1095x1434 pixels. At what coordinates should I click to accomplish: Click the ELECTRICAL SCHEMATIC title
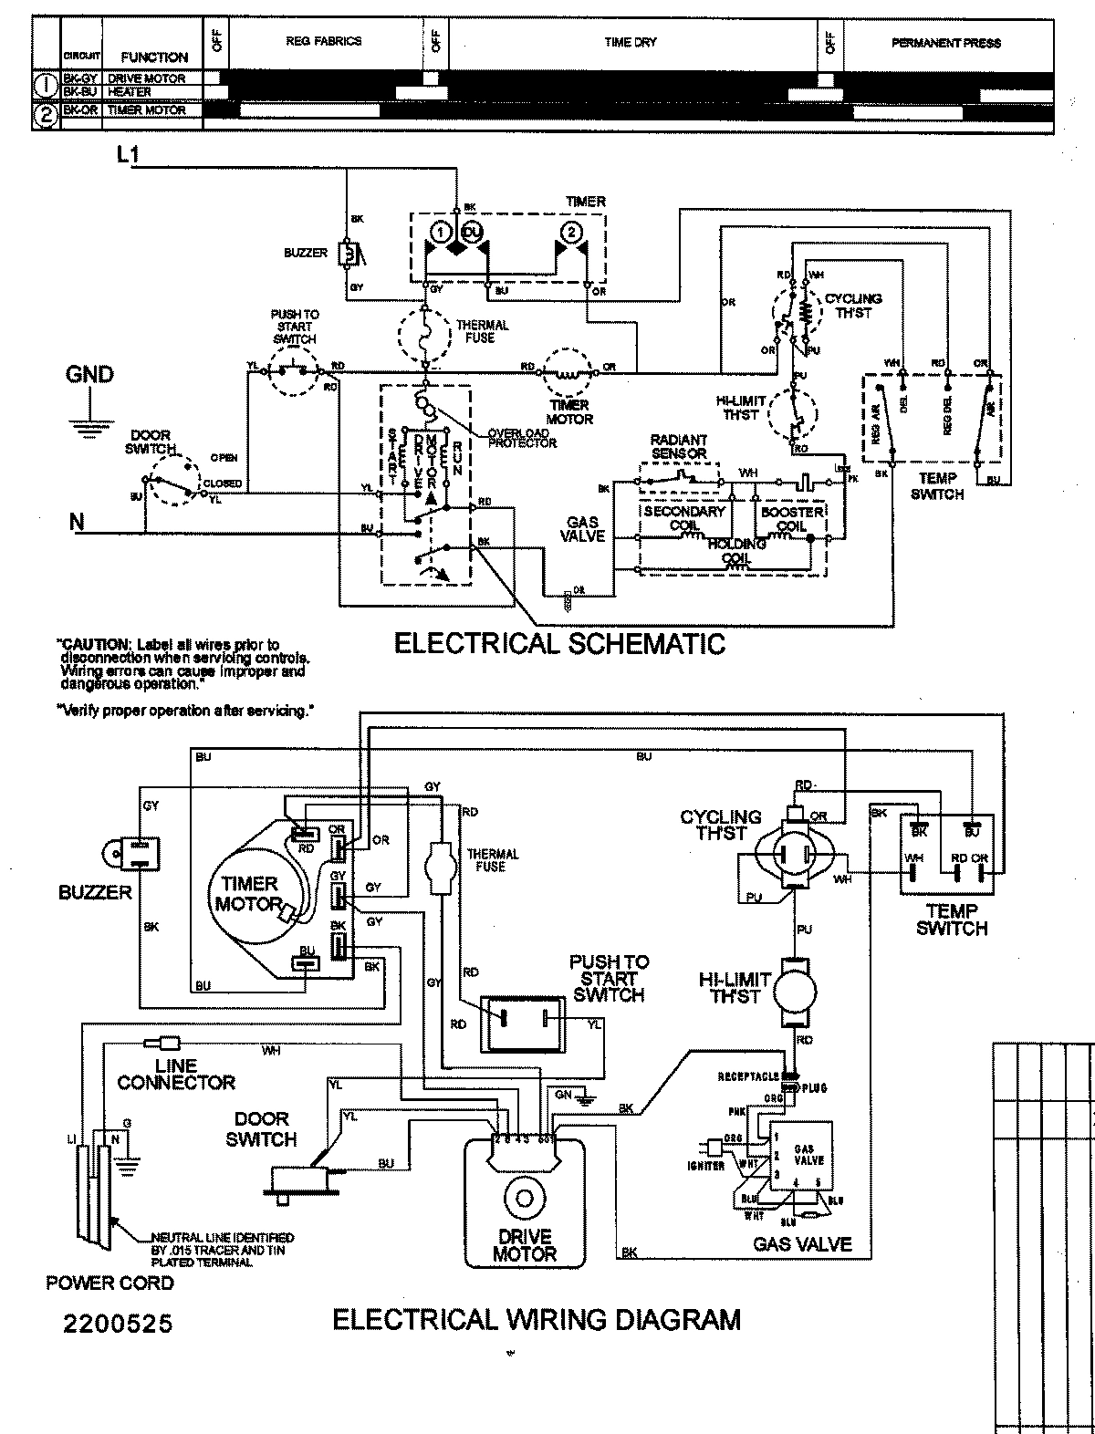click(559, 643)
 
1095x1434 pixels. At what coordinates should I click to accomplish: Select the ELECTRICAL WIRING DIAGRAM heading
click(537, 1319)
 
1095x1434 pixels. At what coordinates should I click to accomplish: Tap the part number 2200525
click(117, 1323)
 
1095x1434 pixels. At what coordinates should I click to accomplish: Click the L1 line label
click(128, 156)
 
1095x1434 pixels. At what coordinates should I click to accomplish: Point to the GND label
click(89, 375)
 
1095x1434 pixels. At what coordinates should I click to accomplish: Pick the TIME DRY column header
click(630, 43)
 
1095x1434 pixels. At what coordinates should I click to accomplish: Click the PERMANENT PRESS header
click(945, 43)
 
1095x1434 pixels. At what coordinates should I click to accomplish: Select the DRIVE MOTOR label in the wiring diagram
click(524, 1245)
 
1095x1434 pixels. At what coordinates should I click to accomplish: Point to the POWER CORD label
click(109, 1283)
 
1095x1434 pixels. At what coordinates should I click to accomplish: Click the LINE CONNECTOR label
click(176, 1075)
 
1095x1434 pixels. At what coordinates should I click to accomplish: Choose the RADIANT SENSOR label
click(679, 446)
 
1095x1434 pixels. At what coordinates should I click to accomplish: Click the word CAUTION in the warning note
click(89, 644)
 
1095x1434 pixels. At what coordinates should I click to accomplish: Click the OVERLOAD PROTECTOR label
click(522, 438)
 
